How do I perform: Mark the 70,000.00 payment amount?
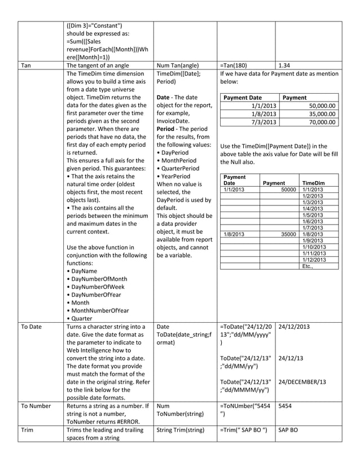click(322, 122)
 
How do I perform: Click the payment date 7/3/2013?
click(264, 122)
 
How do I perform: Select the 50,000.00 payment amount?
click(322, 105)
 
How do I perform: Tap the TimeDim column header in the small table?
click(314, 183)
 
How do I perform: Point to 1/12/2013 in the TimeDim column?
click(314, 260)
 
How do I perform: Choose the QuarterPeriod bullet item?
click(178, 168)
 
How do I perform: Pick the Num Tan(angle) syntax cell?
click(178, 65)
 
